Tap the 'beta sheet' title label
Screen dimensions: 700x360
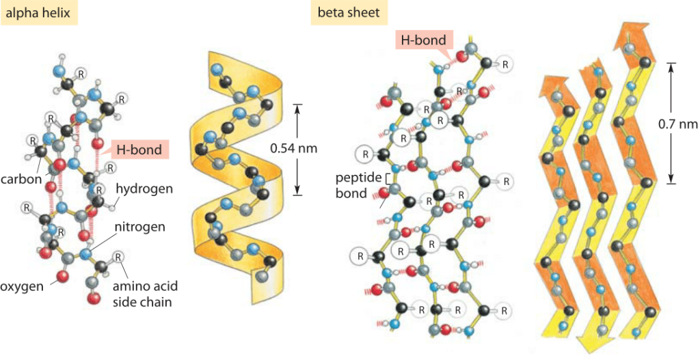[349, 12]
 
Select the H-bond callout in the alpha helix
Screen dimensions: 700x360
[139, 150]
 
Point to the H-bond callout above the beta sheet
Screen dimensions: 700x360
[422, 42]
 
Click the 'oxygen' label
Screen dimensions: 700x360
[21, 286]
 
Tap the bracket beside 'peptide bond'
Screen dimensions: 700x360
[388, 178]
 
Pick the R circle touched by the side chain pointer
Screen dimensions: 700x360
[118, 257]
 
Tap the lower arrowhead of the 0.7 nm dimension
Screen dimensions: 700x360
[671, 178]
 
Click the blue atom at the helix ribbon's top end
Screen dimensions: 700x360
[217, 69]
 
